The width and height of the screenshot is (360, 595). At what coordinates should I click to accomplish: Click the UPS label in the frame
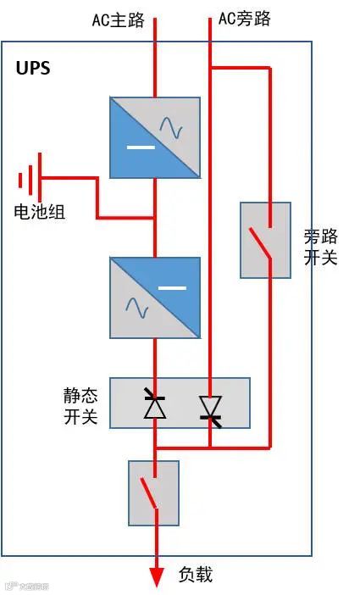pyautogui.click(x=33, y=69)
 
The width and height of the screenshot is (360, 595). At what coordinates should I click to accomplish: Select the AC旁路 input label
pyautogui.click(x=245, y=19)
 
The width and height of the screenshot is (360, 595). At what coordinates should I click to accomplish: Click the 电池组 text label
pyautogui.click(x=39, y=212)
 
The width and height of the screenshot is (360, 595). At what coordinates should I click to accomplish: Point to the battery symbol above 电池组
pyautogui.click(x=30, y=179)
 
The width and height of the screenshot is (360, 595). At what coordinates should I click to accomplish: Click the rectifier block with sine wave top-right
pyautogui.click(x=155, y=137)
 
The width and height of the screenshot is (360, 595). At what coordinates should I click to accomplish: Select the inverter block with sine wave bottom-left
pyautogui.click(x=155, y=297)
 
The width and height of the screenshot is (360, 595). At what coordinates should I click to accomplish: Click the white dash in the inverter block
pyautogui.click(x=172, y=288)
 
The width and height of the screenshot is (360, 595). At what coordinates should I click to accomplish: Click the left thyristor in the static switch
pyautogui.click(x=154, y=404)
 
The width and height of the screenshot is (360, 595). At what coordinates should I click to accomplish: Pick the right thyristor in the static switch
pyautogui.click(x=210, y=408)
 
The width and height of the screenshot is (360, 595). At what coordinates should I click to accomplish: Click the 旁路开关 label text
pyautogui.click(x=320, y=247)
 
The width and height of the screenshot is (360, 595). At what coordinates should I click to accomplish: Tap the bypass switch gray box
pyautogui.click(x=265, y=240)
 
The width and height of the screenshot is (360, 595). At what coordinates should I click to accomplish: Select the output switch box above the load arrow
pyautogui.click(x=153, y=492)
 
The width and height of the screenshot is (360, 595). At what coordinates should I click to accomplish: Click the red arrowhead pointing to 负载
pyautogui.click(x=156, y=576)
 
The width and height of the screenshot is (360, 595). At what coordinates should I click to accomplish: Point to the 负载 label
pyautogui.click(x=196, y=575)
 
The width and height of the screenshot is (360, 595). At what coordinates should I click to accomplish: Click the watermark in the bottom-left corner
pyautogui.click(x=25, y=586)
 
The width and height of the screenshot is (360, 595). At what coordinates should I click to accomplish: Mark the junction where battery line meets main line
pyautogui.click(x=155, y=219)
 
